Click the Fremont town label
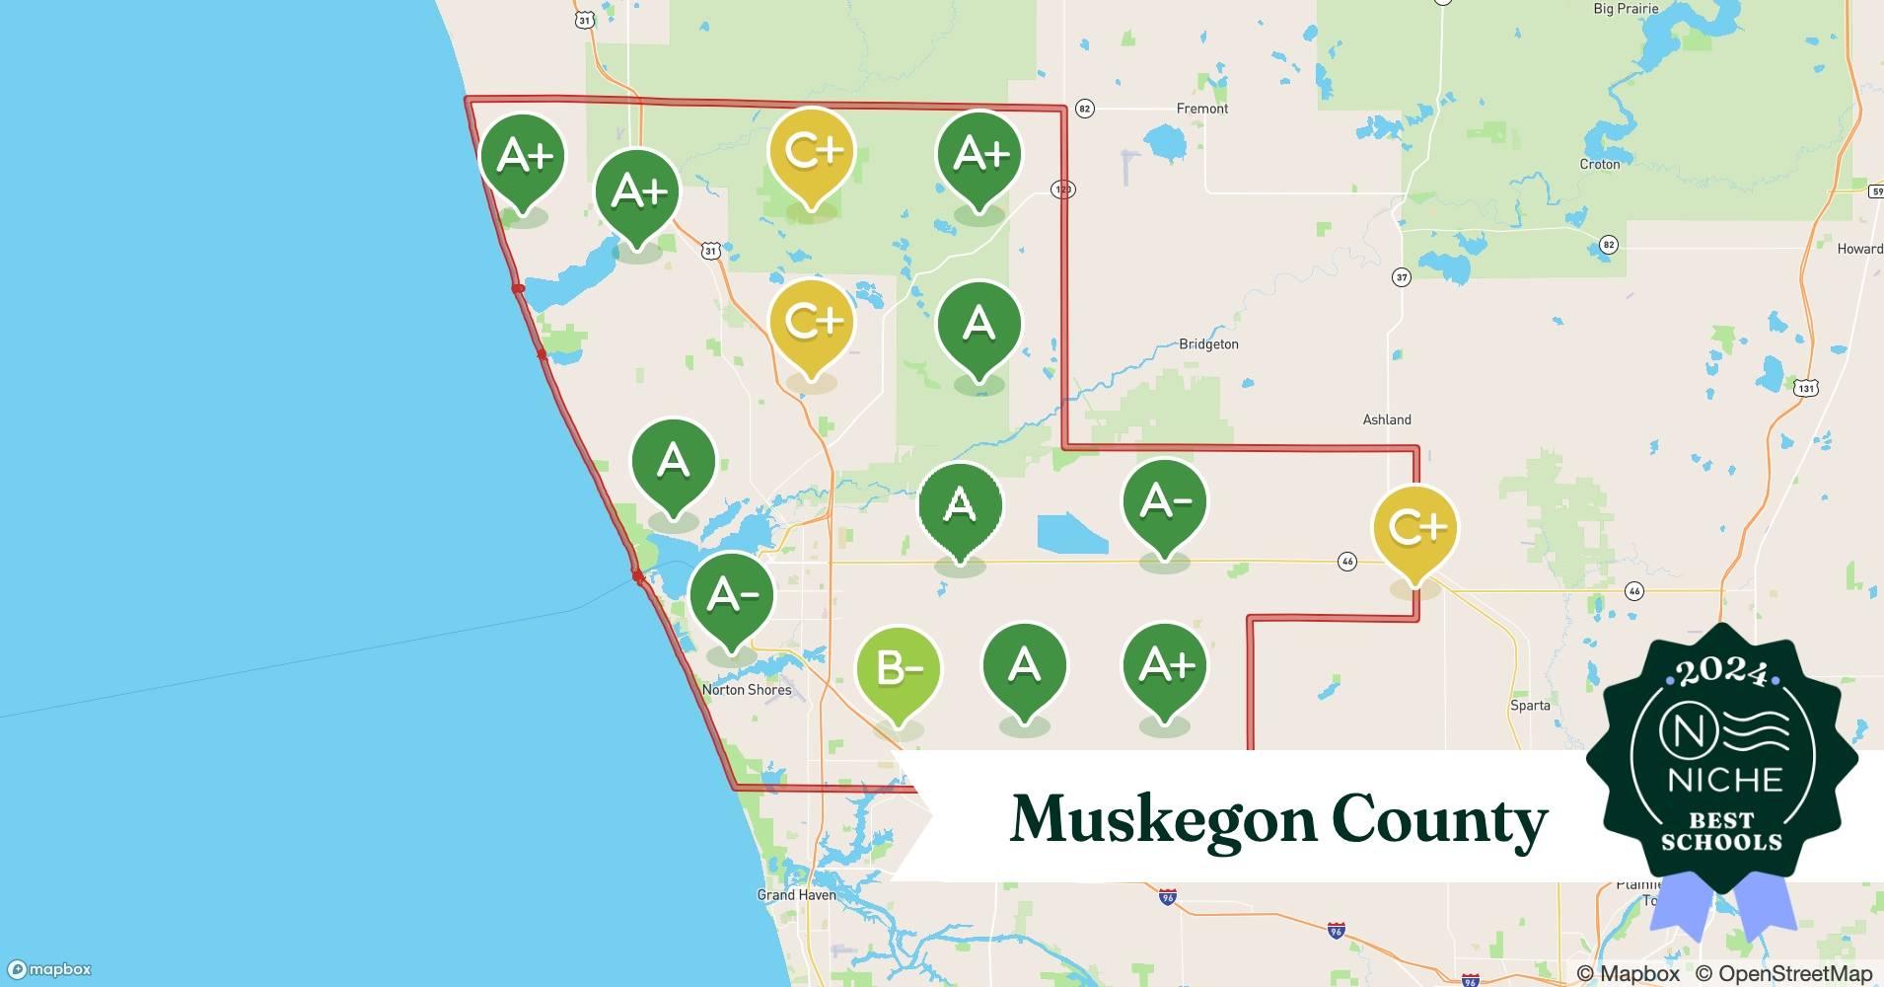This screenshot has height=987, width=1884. pos(1202,109)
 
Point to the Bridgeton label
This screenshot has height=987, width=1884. pos(1208,344)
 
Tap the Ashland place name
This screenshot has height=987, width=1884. pos(1387,419)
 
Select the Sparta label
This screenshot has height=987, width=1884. pos(1530,706)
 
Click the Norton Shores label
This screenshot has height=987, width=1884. pos(747,690)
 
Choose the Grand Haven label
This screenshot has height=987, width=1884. pos(796,895)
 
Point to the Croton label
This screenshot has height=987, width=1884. pos(1599,165)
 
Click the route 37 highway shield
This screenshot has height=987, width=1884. pos(1402,277)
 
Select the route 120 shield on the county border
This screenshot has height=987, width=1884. pos(1062,189)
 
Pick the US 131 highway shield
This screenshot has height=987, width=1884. pos(1805,388)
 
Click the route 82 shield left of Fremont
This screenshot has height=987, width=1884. pos(1084,109)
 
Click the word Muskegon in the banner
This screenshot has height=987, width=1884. pos(1164,819)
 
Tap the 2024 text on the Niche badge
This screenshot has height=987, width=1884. pos(1722,673)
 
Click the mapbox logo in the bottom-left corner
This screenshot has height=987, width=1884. pos(49,970)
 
